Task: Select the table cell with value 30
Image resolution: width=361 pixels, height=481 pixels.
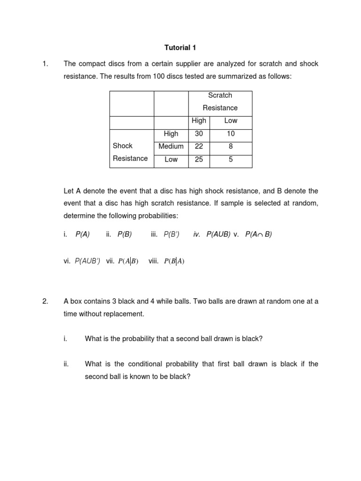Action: pyautogui.click(x=199, y=134)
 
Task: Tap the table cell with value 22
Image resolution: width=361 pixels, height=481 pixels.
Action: pyautogui.click(x=199, y=147)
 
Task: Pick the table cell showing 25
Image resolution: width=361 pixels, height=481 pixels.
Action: pyautogui.click(x=199, y=159)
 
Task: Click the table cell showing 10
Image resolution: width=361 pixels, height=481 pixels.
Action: pyautogui.click(x=230, y=134)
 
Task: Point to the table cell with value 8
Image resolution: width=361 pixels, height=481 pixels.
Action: pyautogui.click(x=230, y=147)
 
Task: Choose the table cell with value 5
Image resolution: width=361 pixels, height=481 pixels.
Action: pyautogui.click(x=230, y=159)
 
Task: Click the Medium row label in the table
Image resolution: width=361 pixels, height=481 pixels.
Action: pyautogui.click(x=171, y=147)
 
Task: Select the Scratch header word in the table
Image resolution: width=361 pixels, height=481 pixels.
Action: pyautogui.click(x=220, y=95)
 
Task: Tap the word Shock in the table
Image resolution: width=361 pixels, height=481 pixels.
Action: pyautogui.click(x=123, y=146)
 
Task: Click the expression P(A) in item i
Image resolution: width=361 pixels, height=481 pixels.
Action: pyautogui.click(x=83, y=234)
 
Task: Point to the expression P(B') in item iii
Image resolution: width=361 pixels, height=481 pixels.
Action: pyautogui.click(x=172, y=234)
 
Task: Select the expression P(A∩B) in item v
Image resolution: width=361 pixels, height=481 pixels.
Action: pyautogui.click(x=259, y=234)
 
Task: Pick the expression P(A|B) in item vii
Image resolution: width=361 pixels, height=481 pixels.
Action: pyautogui.click(x=128, y=262)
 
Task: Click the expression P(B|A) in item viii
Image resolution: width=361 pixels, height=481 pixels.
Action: pyautogui.click(x=174, y=262)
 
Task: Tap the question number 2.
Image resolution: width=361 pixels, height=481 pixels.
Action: pyautogui.click(x=45, y=302)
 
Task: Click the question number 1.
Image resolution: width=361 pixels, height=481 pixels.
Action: pyautogui.click(x=45, y=64)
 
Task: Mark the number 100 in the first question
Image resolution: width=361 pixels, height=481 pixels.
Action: pyautogui.click(x=159, y=77)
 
